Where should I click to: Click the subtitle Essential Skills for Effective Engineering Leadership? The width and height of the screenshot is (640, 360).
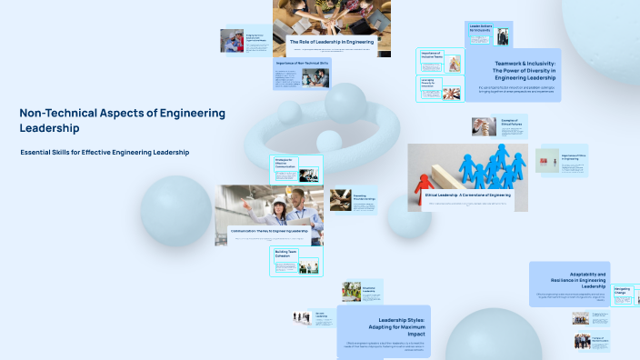(105, 152)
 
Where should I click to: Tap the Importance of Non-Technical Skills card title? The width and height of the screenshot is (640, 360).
(301, 64)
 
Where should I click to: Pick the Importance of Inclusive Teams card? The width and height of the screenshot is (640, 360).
(440, 61)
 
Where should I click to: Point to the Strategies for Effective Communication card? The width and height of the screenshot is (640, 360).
(297, 168)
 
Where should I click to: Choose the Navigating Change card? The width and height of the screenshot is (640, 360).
(625, 295)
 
